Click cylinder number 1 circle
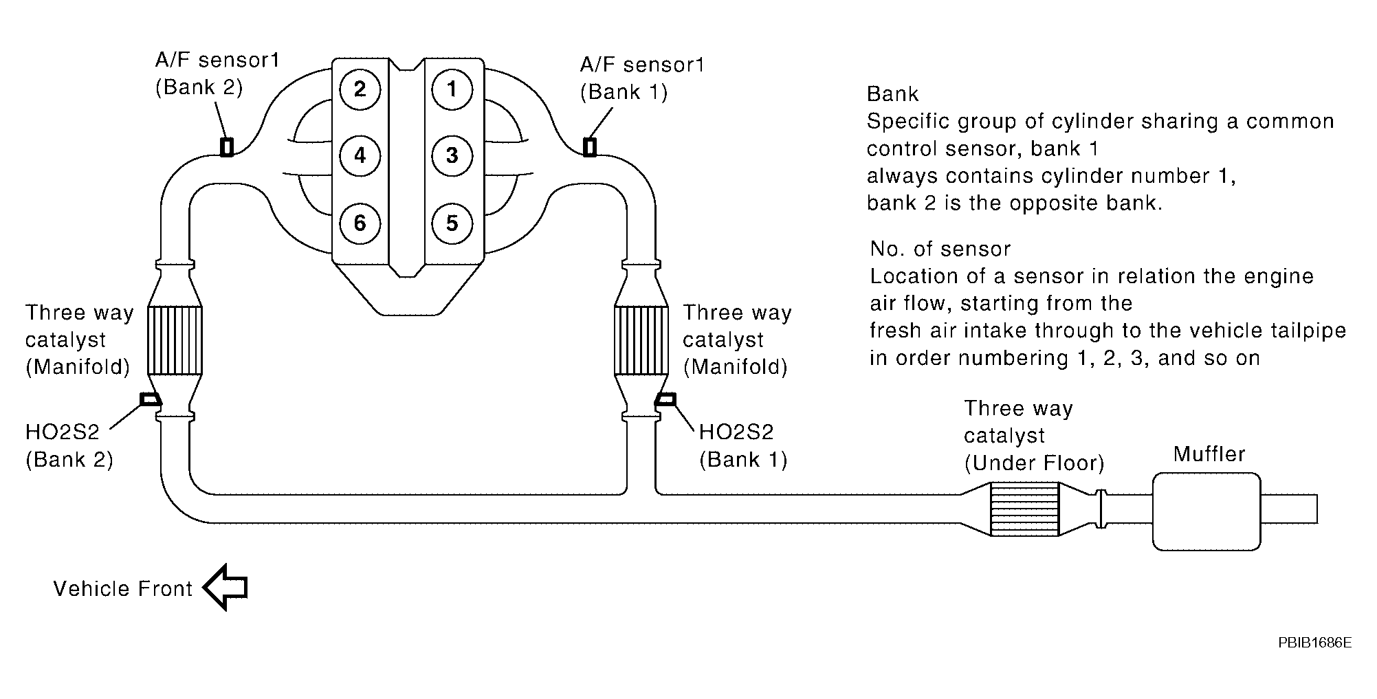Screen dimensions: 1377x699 452,89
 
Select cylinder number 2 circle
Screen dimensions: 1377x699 360,89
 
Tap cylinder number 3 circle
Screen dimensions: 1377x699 452,155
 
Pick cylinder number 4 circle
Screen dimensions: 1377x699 360,155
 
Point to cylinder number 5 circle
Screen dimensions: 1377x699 452,223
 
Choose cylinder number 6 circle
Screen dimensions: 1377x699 360,223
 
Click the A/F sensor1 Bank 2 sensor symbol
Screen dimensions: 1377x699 226,146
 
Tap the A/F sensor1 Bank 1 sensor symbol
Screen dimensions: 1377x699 589,146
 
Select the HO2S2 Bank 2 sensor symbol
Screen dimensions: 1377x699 150,399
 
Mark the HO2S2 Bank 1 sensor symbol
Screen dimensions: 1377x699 666,399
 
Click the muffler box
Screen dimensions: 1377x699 1207,511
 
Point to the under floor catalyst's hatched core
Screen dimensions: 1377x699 1024,509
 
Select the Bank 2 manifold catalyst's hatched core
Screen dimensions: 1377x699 175,341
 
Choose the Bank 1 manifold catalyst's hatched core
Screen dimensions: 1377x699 641,341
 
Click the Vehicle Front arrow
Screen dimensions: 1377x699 225,588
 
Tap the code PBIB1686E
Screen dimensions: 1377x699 1315,643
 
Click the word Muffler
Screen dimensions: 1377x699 1209,454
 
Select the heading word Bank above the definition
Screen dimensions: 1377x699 893,93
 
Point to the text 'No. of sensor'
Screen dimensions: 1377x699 940,248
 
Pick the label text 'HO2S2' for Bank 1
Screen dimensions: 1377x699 736,432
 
